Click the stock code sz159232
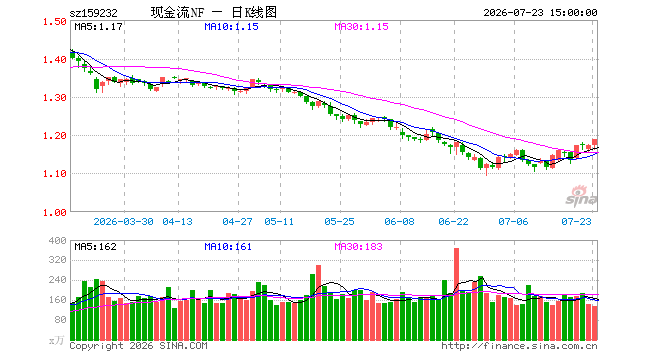click(93, 13)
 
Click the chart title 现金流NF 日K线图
click(214, 13)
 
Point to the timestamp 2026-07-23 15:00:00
click(540, 13)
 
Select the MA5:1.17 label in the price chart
click(98, 27)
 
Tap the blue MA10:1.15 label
click(231, 27)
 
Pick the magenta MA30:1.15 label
click(361, 27)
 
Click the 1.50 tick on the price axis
click(55, 21)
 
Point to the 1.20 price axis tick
click(55, 136)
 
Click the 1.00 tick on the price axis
click(55, 213)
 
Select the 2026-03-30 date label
click(123, 221)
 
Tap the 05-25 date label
click(339, 221)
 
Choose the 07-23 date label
click(576, 221)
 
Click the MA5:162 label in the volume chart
click(96, 247)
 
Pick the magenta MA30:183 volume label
click(358, 247)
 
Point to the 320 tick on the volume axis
click(57, 260)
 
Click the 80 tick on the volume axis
click(60, 320)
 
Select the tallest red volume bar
click(456, 294)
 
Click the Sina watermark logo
click(581, 196)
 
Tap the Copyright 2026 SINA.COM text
click(138, 346)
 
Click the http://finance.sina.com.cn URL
click(519, 346)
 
